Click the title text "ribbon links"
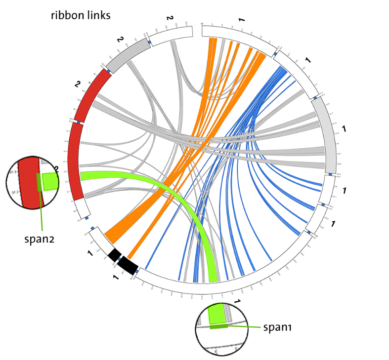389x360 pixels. (x=81, y=15)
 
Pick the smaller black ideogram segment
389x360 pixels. (x=115, y=254)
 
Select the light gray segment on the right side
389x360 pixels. (x=327, y=133)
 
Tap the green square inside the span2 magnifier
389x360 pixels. (x=49, y=181)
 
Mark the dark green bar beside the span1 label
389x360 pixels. (x=218, y=326)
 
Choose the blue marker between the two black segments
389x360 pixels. (x=119, y=258)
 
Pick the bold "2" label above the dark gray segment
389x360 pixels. (x=119, y=40)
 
